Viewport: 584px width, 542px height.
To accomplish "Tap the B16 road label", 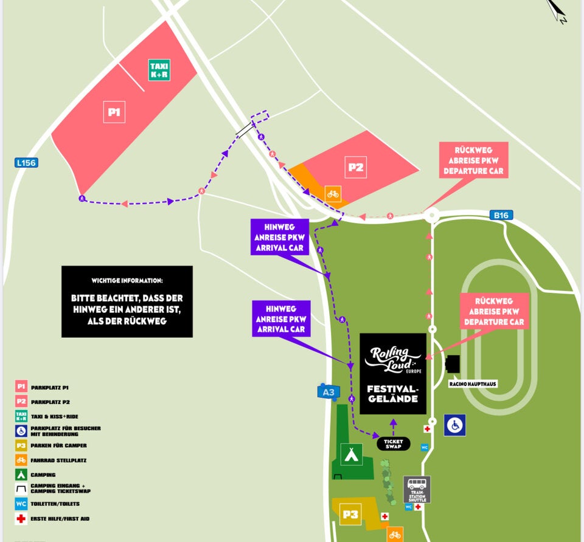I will [x=501, y=214].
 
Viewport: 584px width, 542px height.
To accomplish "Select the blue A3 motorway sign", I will [x=328, y=392].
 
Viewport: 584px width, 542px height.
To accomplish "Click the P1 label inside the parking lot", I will [x=114, y=112].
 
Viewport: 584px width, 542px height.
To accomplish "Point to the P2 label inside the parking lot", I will [x=355, y=166].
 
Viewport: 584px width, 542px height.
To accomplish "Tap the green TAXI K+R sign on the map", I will [x=159, y=70].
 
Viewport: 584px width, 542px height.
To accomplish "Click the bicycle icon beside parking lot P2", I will [x=333, y=194].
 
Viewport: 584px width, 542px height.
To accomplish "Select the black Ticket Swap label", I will [x=394, y=444].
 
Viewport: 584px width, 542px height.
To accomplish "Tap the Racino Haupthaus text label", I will [x=473, y=384].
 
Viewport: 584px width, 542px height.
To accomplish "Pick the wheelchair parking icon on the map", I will [x=455, y=425].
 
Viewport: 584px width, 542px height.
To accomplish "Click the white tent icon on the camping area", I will [x=351, y=455].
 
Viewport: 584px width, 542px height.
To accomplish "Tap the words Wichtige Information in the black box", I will [x=127, y=281].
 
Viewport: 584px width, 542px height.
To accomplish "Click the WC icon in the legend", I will [x=21, y=504].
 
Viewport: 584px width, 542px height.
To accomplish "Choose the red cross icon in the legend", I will [x=21, y=519].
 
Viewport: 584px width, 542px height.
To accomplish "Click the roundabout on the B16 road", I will [x=432, y=214].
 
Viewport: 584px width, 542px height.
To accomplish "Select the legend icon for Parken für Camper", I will [x=21, y=445].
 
